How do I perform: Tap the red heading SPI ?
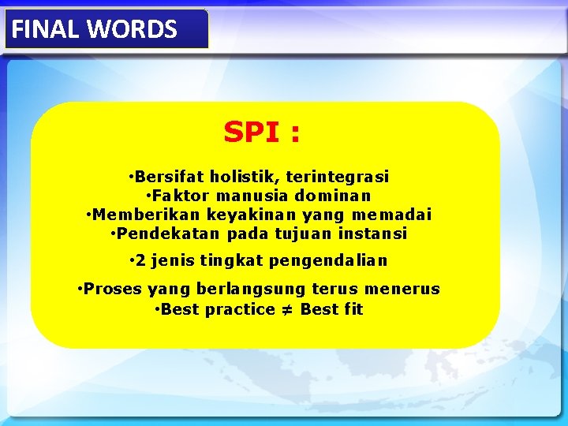(x=261, y=133)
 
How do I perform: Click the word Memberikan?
(x=146, y=215)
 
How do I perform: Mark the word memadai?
(x=392, y=215)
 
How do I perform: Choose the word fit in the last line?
(x=353, y=309)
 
